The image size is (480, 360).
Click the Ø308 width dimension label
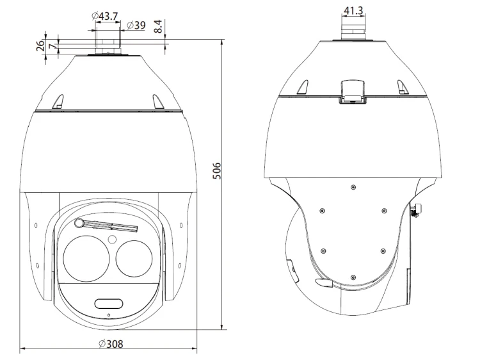click(x=111, y=344)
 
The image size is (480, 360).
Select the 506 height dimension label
click(x=216, y=171)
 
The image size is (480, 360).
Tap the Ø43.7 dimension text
click(x=105, y=15)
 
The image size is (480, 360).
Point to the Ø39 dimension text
click(x=136, y=25)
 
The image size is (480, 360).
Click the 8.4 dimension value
click(x=158, y=26)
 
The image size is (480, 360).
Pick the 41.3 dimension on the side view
click(x=353, y=11)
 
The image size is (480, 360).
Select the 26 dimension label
click(x=40, y=46)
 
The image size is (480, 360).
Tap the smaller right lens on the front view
click(x=134, y=258)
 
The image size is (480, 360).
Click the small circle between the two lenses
click(x=113, y=239)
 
